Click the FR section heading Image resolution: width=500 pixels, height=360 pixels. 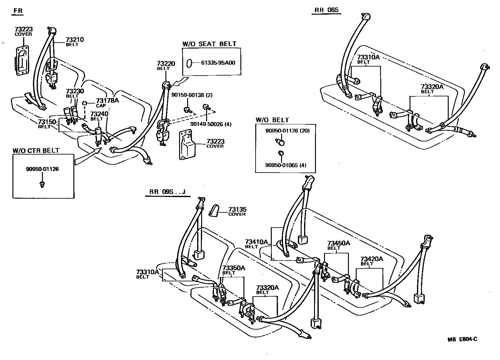click(18, 11)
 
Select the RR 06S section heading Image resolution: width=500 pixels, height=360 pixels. click(326, 10)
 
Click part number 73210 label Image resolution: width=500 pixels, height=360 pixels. click(75, 40)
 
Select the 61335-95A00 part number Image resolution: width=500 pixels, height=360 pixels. click(218, 63)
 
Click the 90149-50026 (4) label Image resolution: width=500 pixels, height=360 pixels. click(211, 124)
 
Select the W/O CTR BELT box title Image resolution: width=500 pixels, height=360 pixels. click(36, 151)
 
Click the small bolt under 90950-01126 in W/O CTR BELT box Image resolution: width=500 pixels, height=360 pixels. click(42, 184)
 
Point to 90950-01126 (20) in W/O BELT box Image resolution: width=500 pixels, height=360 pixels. click(287, 131)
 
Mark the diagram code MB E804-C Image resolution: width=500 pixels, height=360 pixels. click(462, 339)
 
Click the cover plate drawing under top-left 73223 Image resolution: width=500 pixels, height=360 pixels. click(22, 61)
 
